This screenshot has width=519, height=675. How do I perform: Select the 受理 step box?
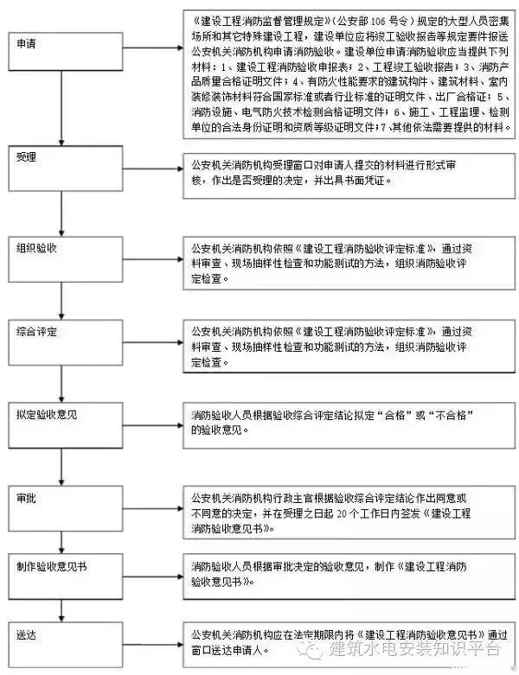pyautogui.click(x=61, y=172)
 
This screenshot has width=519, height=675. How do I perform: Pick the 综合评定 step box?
pyautogui.click(x=61, y=343)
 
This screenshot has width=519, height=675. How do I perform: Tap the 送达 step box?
pyautogui.click(x=61, y=641)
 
